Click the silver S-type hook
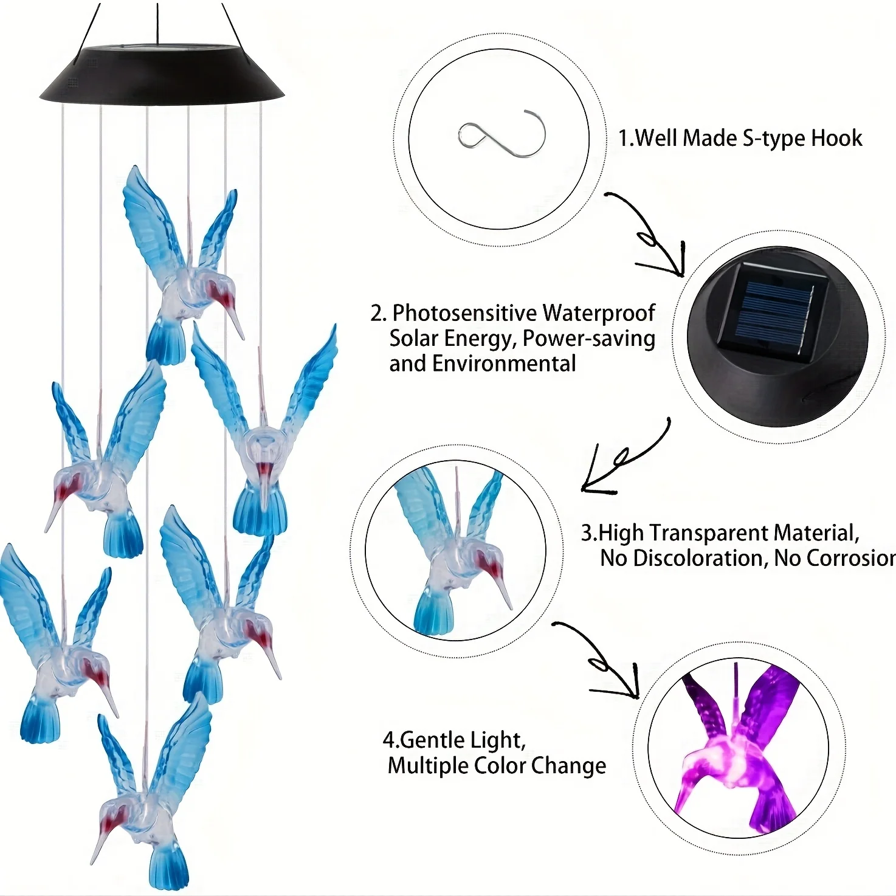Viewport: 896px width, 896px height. click(501, 134)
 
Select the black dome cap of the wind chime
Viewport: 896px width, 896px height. click(162, 76)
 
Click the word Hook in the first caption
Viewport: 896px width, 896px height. click(836, 139)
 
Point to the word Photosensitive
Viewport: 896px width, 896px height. click(464, 313)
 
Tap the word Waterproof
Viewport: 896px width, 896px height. click(599, 313)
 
